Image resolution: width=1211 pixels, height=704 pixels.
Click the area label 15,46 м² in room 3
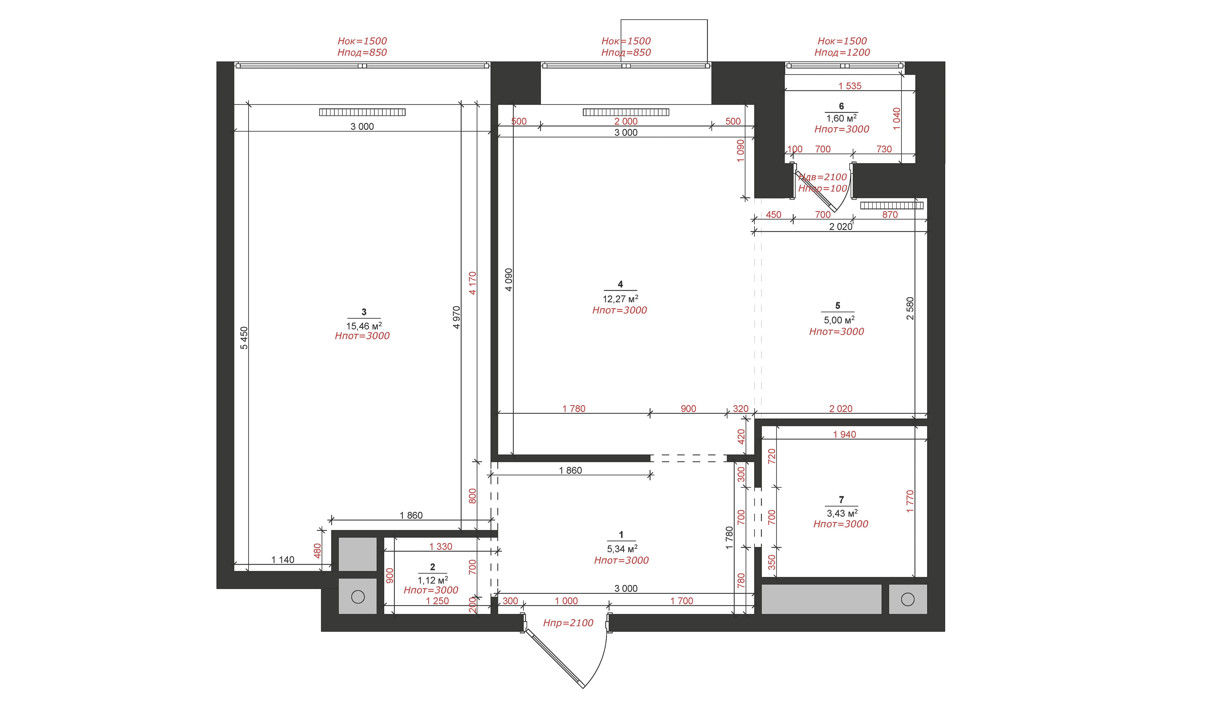(x=364, y=326)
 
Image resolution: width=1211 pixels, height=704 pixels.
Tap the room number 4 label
(x=620, y=284)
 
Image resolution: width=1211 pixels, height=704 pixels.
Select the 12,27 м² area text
(x=620, y=298)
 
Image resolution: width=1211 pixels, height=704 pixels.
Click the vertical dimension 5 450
(x=244, y=338)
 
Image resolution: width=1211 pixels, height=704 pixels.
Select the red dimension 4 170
(x=472, y=283)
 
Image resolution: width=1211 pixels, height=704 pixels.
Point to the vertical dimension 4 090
(x=509, y=280)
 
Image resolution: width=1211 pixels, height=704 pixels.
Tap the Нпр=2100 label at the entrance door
(x=568, y=623)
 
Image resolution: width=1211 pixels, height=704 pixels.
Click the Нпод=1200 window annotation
(x=842, y=52)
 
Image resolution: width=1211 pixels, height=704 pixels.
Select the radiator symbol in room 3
(x=362, y=112)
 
